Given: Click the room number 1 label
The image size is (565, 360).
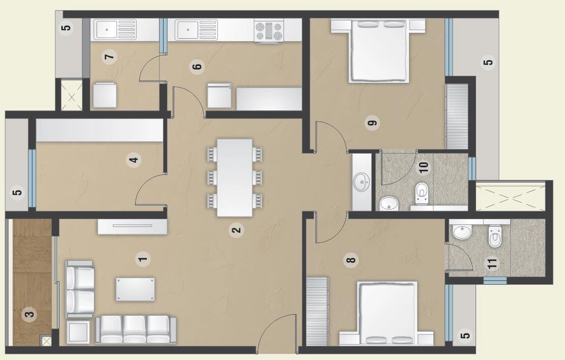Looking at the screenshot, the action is pos(143,258).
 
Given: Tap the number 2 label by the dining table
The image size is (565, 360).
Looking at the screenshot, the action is pos(236,230).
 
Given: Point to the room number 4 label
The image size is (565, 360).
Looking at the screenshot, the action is pos(134,160).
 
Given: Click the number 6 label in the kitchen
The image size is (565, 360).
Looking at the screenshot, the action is pos(197,66).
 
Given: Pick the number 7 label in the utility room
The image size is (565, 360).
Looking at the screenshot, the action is pos(110,57).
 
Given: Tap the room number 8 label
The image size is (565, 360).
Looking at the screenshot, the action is pos(351,260).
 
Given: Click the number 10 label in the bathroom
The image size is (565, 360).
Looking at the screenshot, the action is pos(424,167).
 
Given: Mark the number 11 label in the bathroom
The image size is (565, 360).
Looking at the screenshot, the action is pos(492,263).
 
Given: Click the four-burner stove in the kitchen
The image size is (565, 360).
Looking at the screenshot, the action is pos(269,31).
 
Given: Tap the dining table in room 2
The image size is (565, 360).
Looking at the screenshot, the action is pos(234,177).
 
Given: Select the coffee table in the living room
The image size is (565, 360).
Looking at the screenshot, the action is pos(136,289).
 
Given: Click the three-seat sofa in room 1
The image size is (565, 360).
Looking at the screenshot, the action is pos(136,330).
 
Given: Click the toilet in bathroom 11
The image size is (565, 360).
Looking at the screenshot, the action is pos(494,237).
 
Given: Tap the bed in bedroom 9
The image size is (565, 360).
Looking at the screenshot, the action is pos(379,51).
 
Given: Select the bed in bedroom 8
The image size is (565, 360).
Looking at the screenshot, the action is pos(387,314).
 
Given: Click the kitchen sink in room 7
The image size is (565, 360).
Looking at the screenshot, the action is pos(115,29).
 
